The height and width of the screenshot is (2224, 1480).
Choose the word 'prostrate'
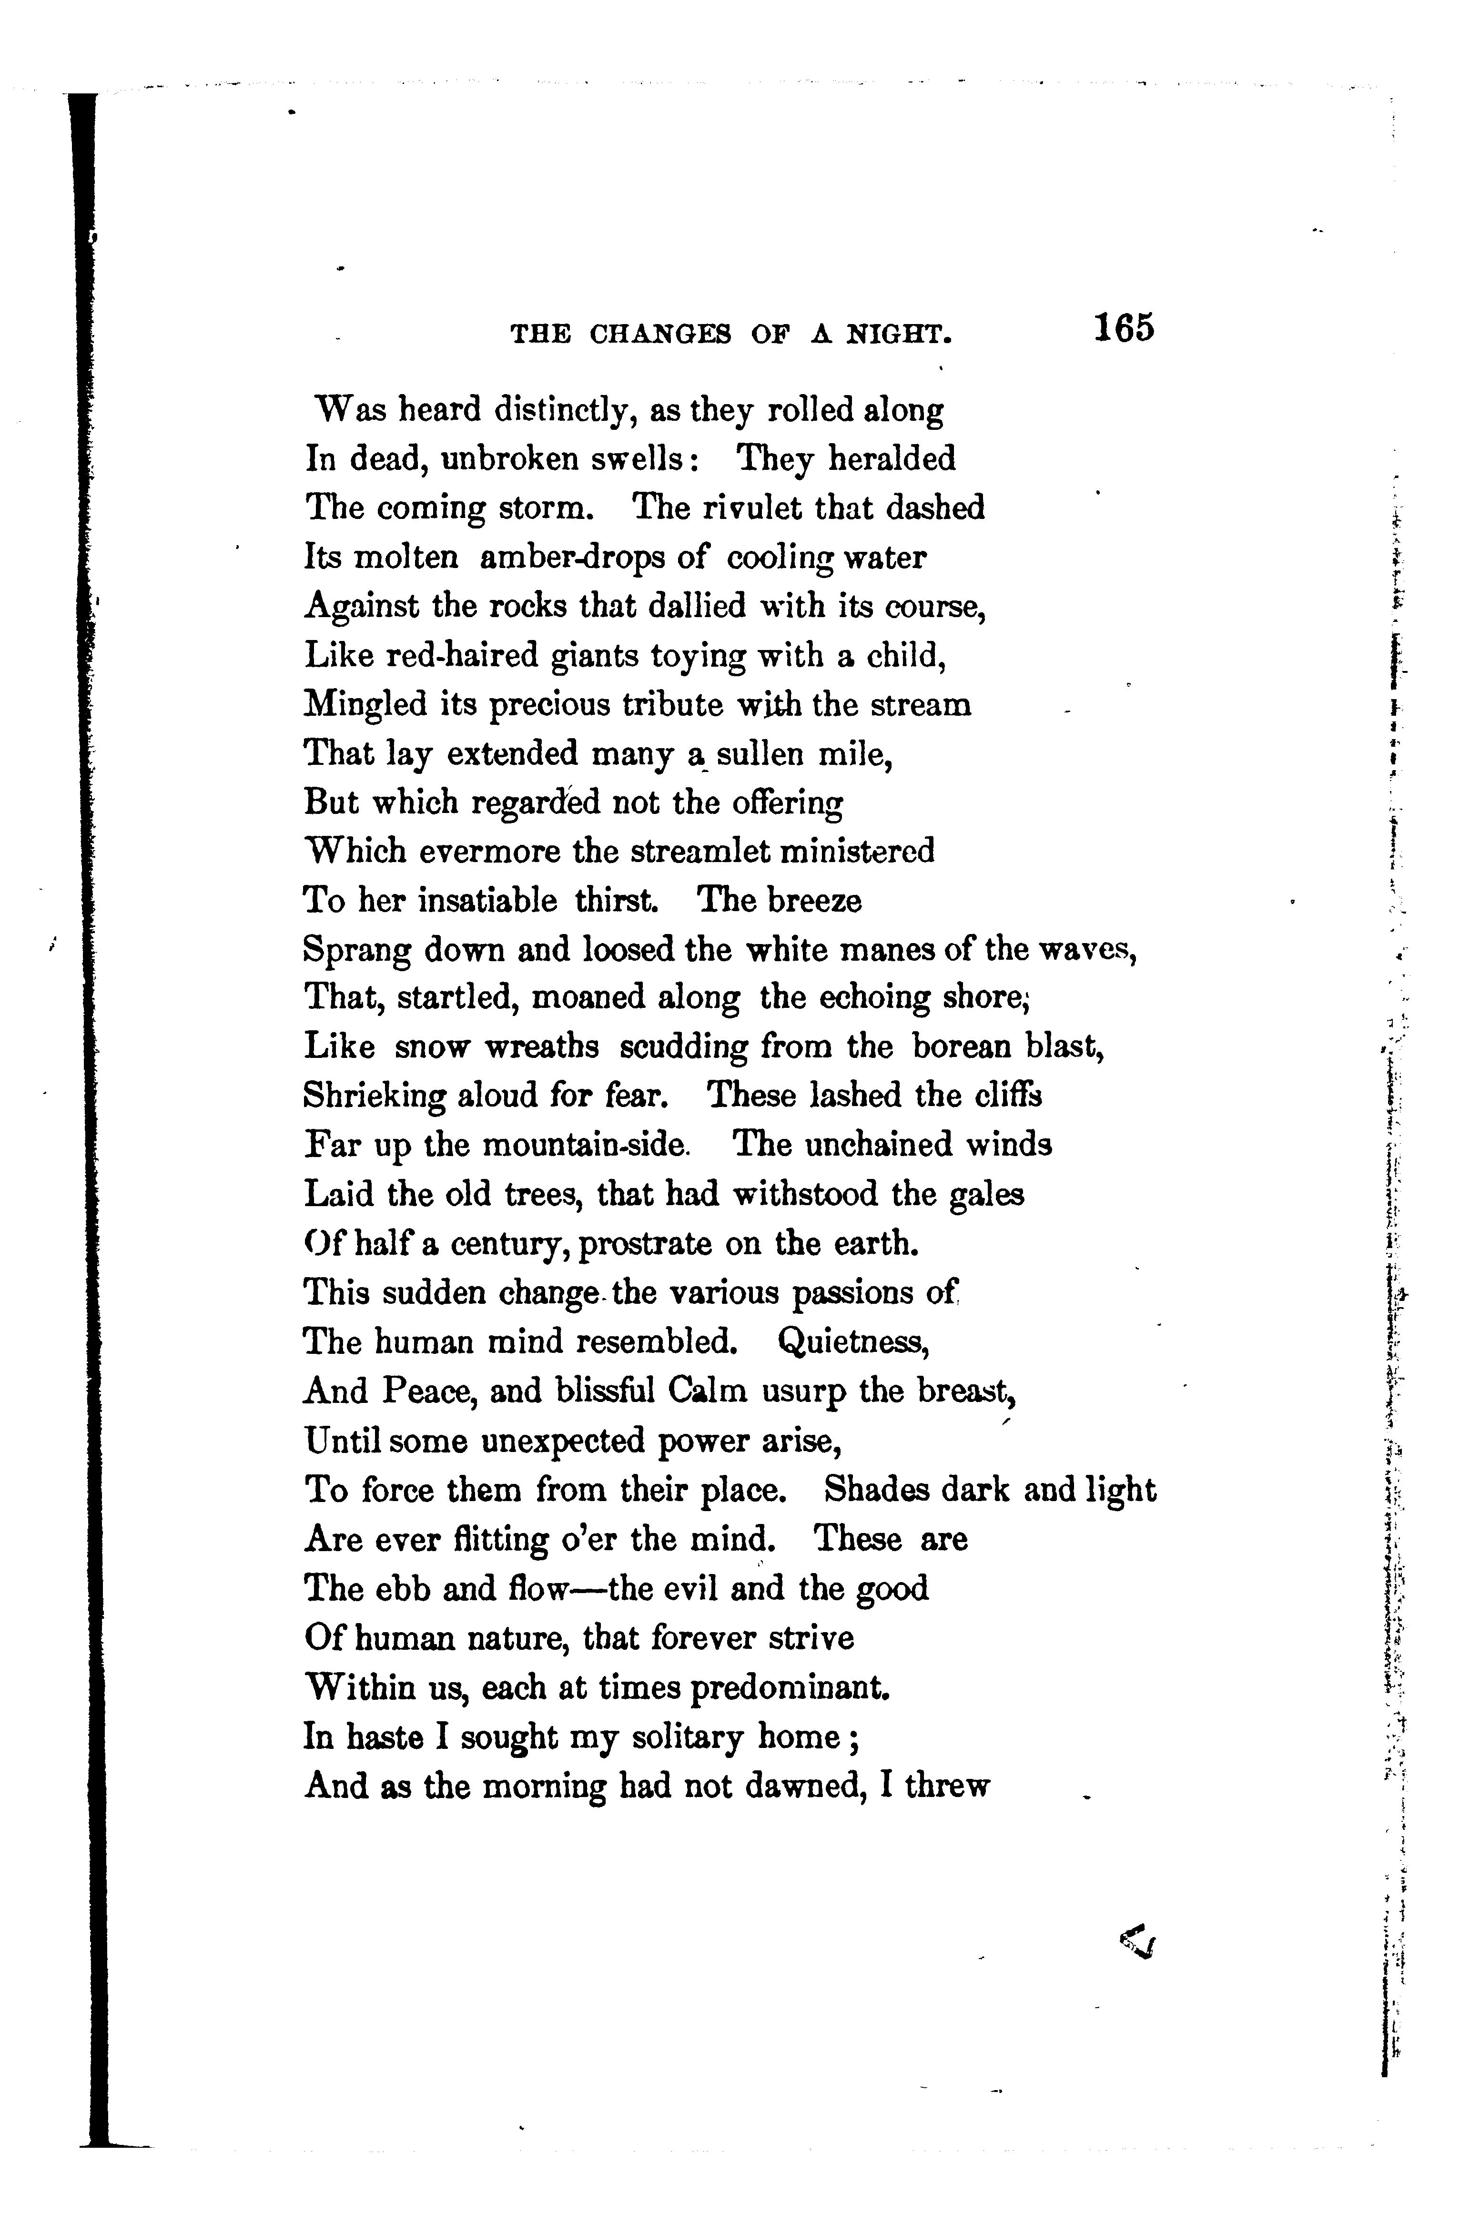pyautogui.click(x=645, y=1244)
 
